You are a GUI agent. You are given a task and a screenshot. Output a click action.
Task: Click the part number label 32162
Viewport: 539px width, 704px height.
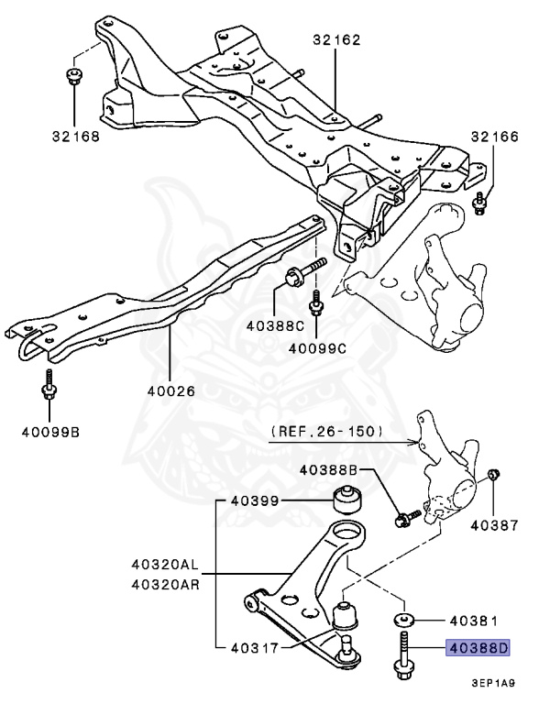(x=335, y=39)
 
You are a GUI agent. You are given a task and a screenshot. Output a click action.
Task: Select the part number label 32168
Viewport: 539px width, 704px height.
(x=76, y=137)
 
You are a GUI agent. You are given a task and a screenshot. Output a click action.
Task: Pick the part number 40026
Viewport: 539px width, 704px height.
(x=171, y=389)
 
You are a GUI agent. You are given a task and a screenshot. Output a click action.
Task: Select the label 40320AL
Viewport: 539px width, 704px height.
(x=165, y=566)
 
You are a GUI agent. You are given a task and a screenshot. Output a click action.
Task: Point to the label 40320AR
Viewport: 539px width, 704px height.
(x=165, y=583)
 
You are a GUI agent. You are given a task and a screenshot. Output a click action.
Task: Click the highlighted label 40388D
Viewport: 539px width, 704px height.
(x=477, y=648)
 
